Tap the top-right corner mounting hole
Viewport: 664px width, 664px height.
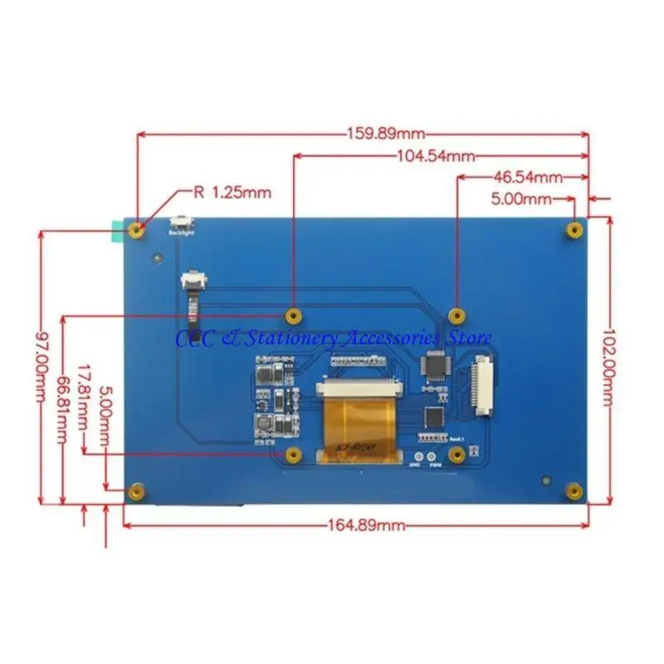(573, 228)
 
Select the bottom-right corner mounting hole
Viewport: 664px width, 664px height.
(573, 491)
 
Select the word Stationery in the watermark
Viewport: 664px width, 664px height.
(291, 338)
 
